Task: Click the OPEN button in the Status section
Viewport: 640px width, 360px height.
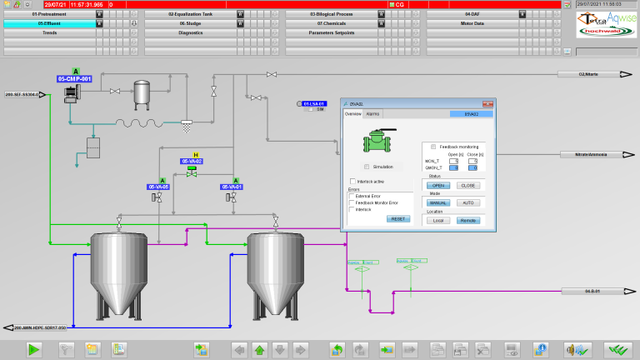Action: pos(438,185)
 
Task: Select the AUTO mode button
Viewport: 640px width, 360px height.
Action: pos(467,202)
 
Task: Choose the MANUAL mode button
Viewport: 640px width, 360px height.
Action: pos(438,202)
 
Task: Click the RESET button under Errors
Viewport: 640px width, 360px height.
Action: pos(398,218)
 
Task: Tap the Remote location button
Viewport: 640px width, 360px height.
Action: pos(467,220)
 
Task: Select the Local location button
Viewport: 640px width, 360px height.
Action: pos(438,220)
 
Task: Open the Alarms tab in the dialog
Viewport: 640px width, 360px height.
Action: pos(373,113)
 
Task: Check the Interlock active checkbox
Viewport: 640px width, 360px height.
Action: pos(352,180)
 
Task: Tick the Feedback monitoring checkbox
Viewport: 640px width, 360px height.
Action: pos(433,147)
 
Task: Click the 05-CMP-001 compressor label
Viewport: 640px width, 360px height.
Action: pos(75,79)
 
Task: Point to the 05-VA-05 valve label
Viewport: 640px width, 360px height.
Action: pos(159,187)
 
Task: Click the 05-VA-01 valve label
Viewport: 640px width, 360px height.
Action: pos(232,187)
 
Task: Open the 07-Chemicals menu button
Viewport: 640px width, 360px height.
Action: pos(331,23)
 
